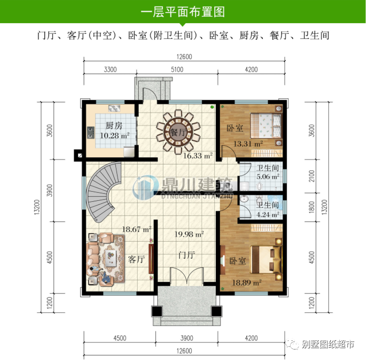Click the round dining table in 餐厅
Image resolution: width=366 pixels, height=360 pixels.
pos(176,131)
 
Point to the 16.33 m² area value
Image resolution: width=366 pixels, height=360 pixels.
pos(197,155)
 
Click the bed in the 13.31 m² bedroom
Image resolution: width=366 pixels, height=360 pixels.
pos(265,125)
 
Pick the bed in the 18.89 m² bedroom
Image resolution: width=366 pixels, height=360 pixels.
pos(265,258)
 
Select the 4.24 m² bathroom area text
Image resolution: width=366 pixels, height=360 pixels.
pos(268,215)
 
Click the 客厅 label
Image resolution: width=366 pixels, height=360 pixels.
pos(136,259)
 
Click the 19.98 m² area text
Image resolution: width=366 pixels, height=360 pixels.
pos(189,235)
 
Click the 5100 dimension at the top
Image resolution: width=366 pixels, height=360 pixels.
pos(177,69)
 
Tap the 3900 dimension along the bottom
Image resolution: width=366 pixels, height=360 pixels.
pos(187,338)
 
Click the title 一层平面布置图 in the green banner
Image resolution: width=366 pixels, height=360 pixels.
pos(183,11)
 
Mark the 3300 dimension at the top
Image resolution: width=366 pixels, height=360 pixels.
pos(110,69)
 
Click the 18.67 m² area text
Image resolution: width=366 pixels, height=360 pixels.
pos(136,228)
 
